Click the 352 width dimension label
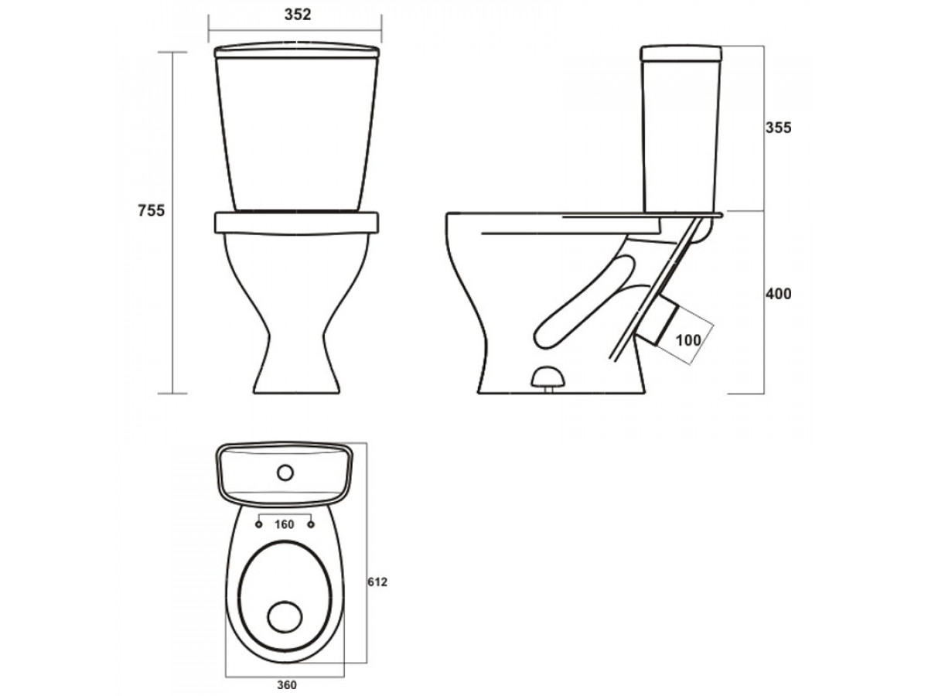297,15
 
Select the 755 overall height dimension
151,210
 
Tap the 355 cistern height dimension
778,128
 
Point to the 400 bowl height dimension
778,294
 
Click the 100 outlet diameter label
688,340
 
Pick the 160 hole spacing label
284,524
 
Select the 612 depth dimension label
377,582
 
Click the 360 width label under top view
287,685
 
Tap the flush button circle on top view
285,473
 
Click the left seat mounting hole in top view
259,524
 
